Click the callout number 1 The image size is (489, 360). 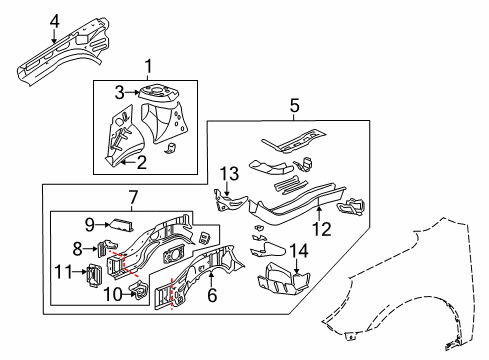(x=148, y=67)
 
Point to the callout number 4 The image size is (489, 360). (x=28, y=19)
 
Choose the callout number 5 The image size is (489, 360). (x=294, y=103)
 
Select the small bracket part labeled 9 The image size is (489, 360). (x=120, y=225)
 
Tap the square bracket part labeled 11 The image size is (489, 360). (x=87, y=273)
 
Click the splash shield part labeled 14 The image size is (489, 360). (x=283, y=281)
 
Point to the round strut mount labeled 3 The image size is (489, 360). (x=155, y=94)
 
